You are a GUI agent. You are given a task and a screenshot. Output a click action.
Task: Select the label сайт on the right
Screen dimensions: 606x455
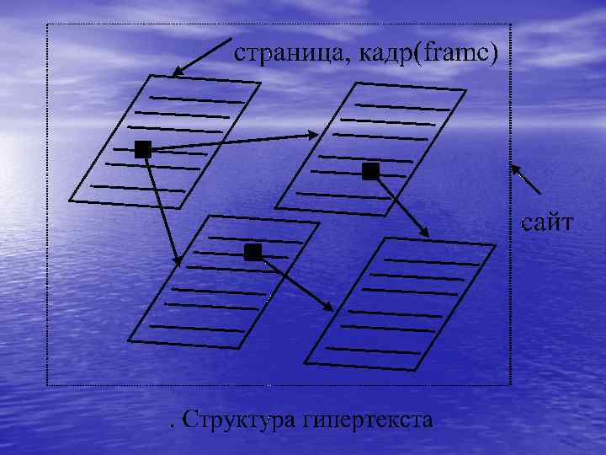547,223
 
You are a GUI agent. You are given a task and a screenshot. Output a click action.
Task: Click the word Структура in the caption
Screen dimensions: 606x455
242,418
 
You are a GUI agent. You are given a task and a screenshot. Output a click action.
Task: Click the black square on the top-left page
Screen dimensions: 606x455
143,149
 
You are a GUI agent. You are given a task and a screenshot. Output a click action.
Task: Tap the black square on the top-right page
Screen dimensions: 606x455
370,172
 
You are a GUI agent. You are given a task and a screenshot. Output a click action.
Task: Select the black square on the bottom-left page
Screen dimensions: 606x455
252,252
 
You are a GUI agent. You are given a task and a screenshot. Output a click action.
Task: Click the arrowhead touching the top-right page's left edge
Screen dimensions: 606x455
312,134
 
